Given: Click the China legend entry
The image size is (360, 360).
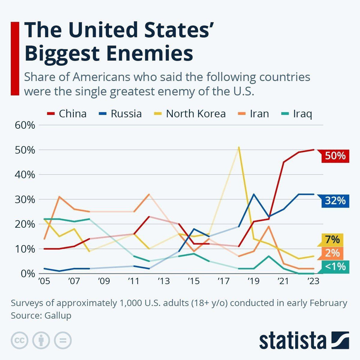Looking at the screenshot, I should [x=67, y=113].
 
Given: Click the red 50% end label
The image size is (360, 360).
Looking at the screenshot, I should [x=333, y=156].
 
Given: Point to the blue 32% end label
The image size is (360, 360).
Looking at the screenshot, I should [x=333, y=201].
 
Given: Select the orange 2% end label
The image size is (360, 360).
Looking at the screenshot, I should [x=333, y=253].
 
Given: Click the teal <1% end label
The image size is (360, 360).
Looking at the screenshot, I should [x=333, y=266].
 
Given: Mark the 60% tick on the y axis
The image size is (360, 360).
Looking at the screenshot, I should [x=25, y=125].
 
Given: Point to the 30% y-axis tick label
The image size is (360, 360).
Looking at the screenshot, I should [x=25, y=199].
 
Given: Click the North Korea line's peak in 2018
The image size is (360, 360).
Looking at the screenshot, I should [x=238, y=147].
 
